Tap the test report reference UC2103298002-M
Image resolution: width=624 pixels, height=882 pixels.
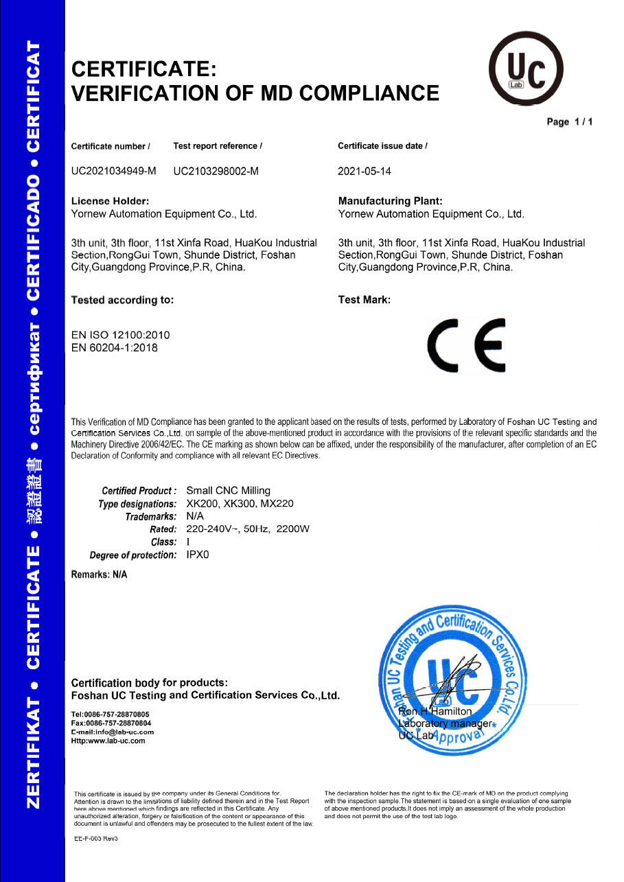coord(216,172)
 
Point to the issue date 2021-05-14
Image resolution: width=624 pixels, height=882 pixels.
coord(365,172)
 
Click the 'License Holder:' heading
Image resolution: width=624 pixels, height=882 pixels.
coord(111,201)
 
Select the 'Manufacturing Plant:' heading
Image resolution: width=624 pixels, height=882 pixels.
coord(391,201)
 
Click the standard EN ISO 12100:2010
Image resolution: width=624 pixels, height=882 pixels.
coord(120,335)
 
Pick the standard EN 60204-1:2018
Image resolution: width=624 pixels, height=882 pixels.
coord(115,348)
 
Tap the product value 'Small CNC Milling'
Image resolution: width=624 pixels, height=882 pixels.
coord(229,491)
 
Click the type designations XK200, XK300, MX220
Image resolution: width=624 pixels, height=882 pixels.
coord(240,504)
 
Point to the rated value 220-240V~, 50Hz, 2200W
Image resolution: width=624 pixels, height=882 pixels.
coord(249,529)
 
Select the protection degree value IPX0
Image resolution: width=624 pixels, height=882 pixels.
coord(198,555)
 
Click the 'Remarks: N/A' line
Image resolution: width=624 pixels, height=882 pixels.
coord(100,575)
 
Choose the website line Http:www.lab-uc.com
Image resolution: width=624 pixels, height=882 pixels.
coord(108,741)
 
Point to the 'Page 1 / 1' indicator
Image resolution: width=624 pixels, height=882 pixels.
coord(570,122)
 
